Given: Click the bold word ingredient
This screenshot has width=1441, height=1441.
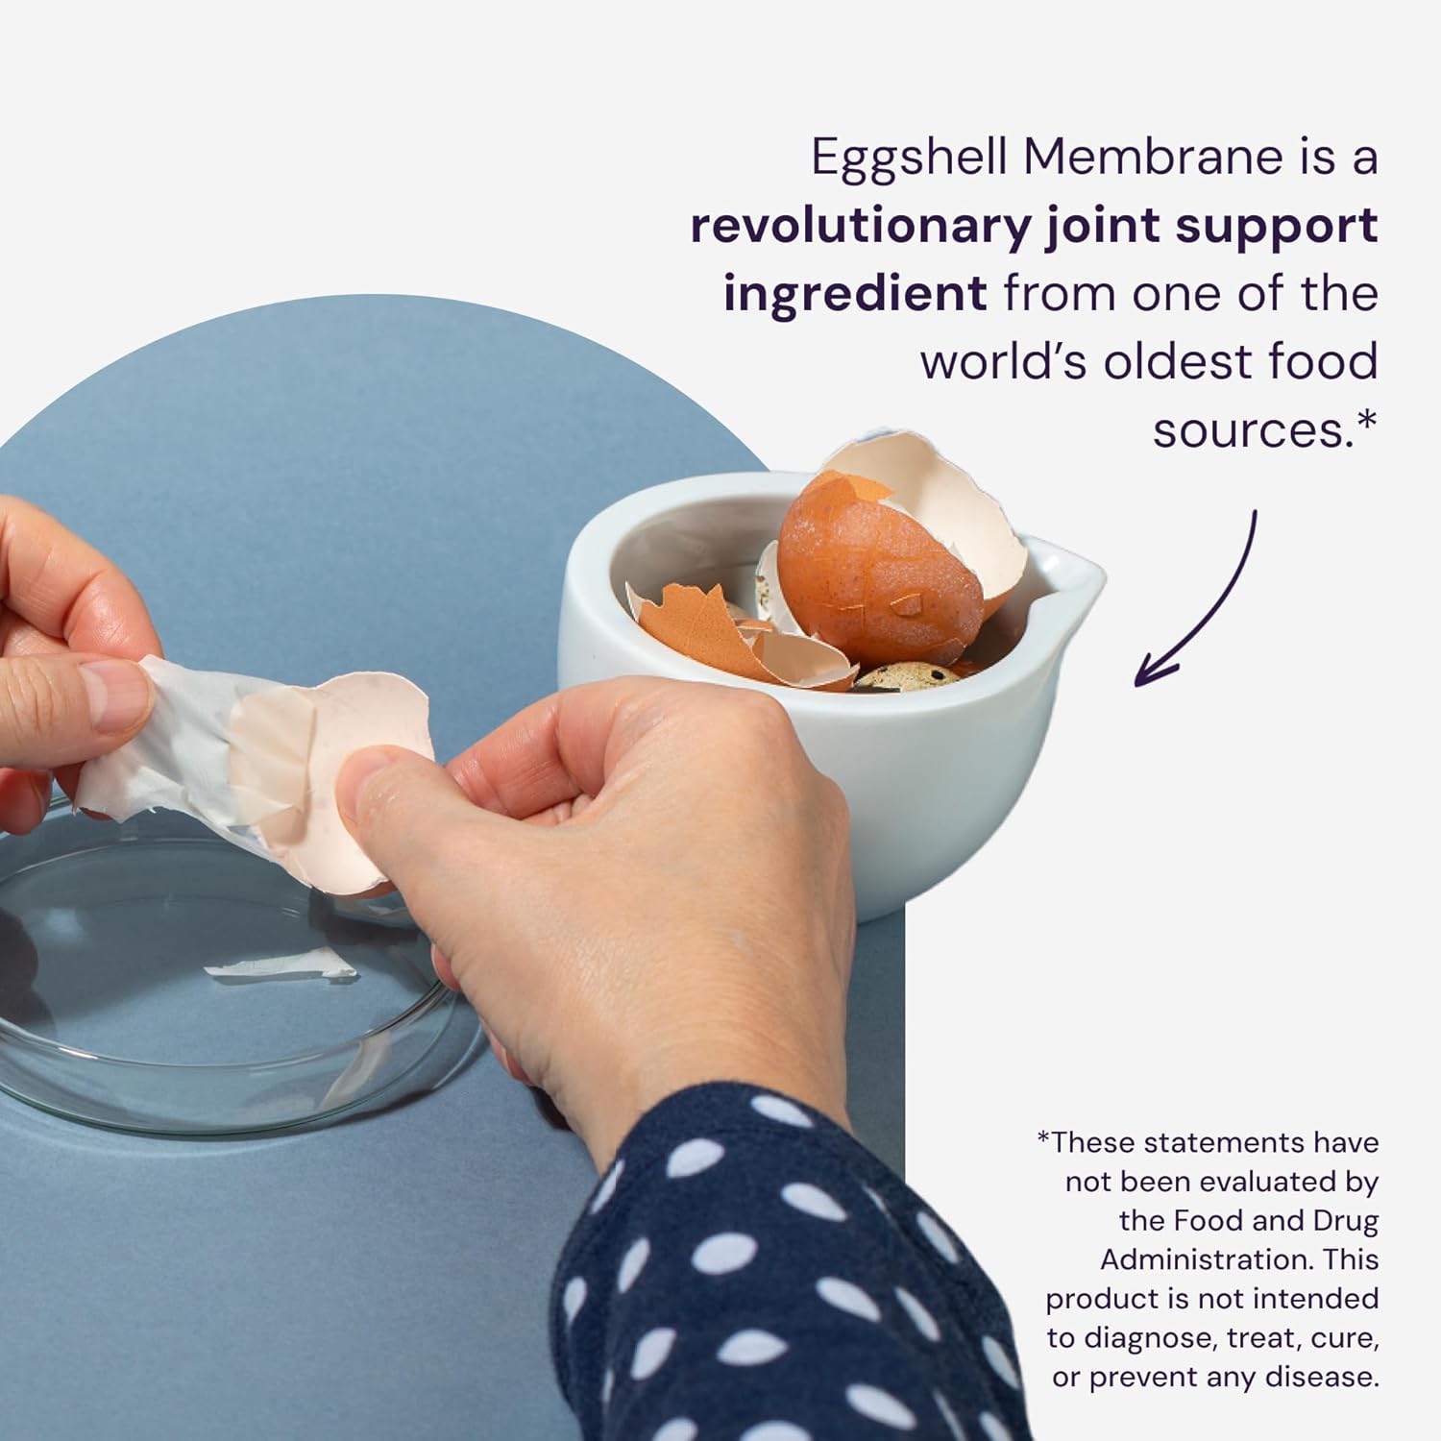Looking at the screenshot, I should pyautogui.click(x=854, y=294).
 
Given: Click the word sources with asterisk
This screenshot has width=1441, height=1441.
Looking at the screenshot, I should pyautogui.click(x=1263, y=429).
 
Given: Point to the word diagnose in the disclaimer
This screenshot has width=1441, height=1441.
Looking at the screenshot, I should pyautogui.click(x=1153, y=1337).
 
